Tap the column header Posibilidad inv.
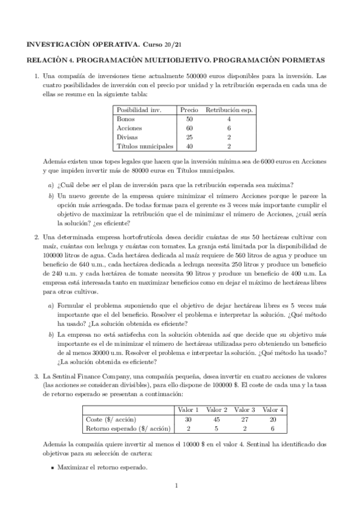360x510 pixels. click(x=139, y=110)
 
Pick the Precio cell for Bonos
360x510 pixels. click(x=189, y=119)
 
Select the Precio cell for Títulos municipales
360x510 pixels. click(x=189, y=146)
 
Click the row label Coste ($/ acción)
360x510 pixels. click(x=112, y=419)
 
